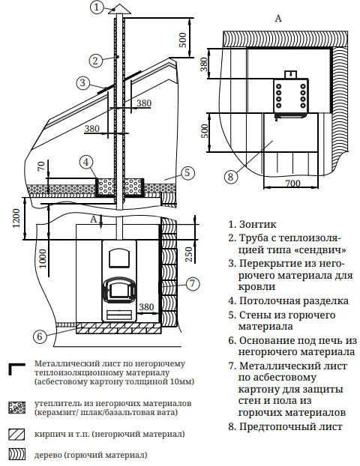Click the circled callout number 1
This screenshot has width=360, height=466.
click(97, 7)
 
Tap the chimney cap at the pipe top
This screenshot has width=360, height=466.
click(119, 10)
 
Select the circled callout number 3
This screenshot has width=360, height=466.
click(82, 82)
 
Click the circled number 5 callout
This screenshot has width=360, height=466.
click(187, 172)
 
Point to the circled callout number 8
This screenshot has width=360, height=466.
click(230, 177)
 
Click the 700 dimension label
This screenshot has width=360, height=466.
click(292, 183)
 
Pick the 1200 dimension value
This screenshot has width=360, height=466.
click(16, 218)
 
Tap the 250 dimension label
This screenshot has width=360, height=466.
click(189, 254)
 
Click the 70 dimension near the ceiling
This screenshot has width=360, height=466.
click(41, 166)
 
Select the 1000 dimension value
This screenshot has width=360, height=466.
click(43, 258)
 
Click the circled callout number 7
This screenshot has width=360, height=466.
click(193, 283)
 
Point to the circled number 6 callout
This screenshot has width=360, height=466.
click(40, 336)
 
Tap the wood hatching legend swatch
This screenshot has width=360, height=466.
click(17, 455)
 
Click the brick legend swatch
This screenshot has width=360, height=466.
click(17, 435)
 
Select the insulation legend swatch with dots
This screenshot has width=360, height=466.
click(17, 408)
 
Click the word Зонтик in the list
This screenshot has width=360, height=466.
click(258, 224)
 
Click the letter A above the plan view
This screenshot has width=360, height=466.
click(278, 19)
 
